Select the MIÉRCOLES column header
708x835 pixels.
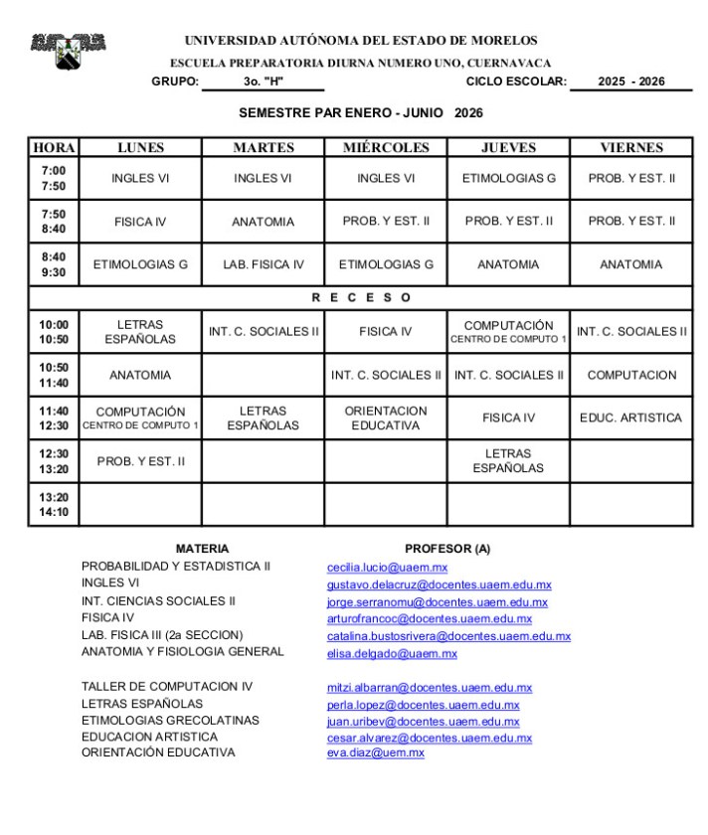pos(386,148)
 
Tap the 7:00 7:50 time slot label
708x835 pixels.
pos(54,179)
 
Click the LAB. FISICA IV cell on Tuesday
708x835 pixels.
pos(263,264)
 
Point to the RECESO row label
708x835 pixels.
pos(360,297)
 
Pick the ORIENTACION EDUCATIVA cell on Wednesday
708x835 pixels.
pos(386,418)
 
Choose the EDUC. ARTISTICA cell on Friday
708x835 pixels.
pos(631,418)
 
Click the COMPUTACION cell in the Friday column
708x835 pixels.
pos(631,376)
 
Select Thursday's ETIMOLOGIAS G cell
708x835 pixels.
pos(508,179)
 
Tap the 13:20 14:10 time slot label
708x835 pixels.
pos(54,505)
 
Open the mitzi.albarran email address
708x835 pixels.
pos(430,687)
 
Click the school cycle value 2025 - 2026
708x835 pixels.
pos(631,82)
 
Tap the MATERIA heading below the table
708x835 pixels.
pos(202,549)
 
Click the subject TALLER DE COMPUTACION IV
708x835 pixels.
pos(167,687)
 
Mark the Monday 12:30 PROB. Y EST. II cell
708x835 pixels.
pos(140,461)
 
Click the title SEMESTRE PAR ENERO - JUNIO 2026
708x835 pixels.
pos(360,113)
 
